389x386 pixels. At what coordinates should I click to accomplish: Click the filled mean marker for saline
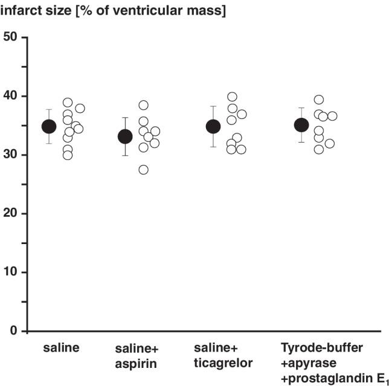49,126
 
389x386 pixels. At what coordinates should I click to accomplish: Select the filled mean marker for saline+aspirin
125,137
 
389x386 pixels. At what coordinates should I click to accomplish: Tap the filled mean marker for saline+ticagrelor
213,126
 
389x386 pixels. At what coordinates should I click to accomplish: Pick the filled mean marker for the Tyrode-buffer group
301,125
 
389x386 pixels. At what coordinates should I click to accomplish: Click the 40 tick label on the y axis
11,97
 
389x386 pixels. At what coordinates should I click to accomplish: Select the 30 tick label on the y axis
11,155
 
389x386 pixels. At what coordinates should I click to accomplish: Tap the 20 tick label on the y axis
11,214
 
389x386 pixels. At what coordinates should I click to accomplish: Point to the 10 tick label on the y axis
11,272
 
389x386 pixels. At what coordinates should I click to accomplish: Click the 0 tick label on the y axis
14,331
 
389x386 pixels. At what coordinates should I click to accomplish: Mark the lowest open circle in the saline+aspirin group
143,170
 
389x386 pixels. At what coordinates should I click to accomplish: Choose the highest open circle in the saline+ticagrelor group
232,97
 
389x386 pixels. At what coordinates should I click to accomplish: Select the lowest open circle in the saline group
68,155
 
